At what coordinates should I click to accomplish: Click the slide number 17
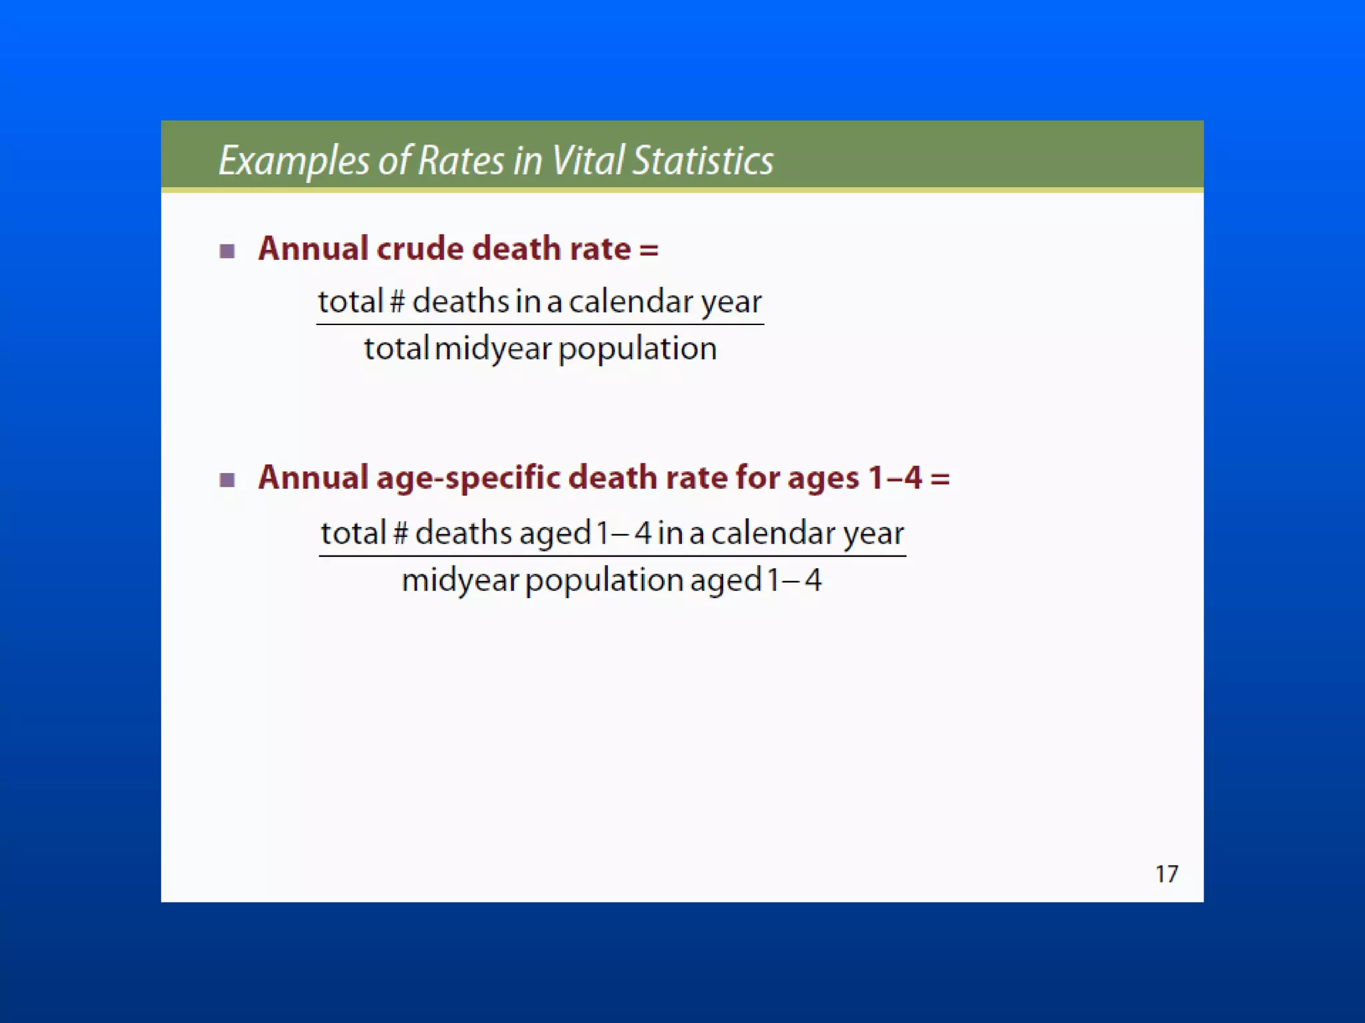point(1166,874)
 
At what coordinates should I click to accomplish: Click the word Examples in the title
point(293,161)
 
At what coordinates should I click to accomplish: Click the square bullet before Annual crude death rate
point(227,251)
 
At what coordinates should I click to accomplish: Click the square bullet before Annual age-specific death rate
point(227,480)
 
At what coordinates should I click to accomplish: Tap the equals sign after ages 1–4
point(940,478)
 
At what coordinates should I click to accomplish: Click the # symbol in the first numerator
point(397,302)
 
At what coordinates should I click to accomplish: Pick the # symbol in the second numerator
point(401,533)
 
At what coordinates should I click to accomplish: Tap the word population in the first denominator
point(637,348)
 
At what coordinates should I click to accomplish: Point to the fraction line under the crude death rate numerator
point(540,324)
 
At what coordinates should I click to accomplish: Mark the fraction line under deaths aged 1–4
point(612,555)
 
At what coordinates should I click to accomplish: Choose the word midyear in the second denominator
point(460,580)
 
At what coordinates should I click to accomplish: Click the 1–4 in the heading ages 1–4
point(895,478)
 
